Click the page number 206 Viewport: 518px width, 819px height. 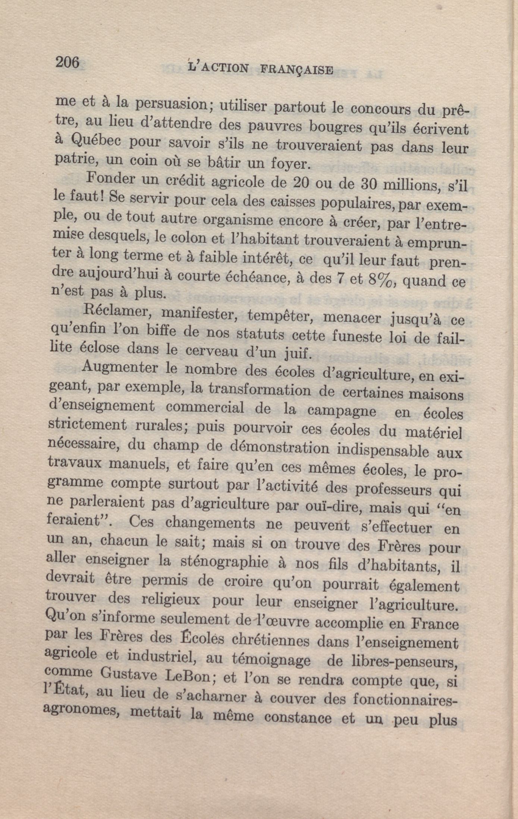(68, 62)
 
